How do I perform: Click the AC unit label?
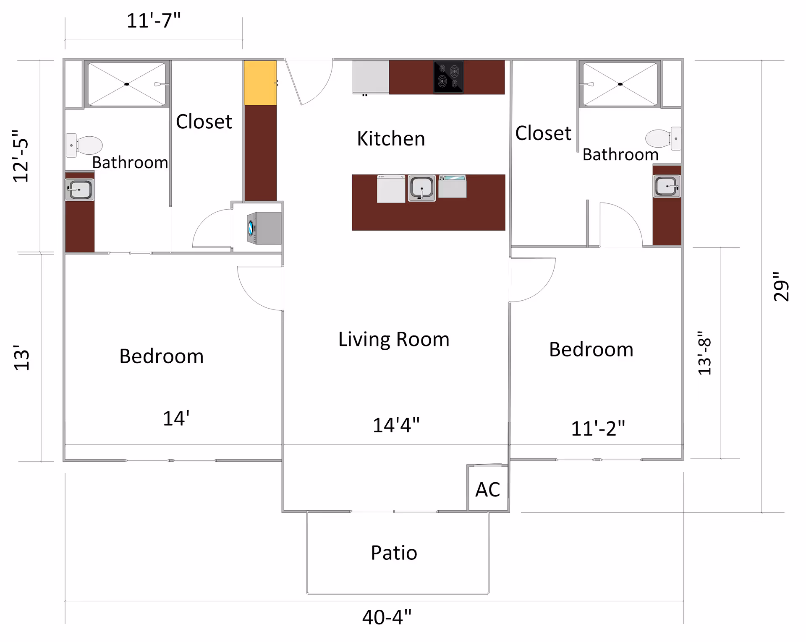click(x=487, y=489)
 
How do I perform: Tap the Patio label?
click(x=394, y=553)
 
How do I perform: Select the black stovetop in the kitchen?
click(x=448, y=77)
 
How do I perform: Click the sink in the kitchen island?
click(x=421, y=187)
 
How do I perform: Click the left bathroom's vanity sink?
click(x=79, y=190)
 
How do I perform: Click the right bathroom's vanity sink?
click(x=667, y=186)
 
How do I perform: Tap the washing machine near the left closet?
click(x=264, y=228)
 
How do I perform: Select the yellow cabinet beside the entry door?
click(x=260, y=83)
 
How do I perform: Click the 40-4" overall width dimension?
click(x=387, y=617)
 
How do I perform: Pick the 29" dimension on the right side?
click(x=781, y=286)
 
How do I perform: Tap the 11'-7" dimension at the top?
click(x=154, y=21)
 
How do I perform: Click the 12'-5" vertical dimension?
click(x=21, y=156)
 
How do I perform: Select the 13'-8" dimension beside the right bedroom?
click(x=704, y=353)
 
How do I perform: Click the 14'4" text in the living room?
click(x=396, y=425)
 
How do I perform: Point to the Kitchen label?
click(x=391, y=138)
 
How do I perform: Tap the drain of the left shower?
click(x=127, y=84)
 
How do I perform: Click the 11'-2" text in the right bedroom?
click(x=598, y=428)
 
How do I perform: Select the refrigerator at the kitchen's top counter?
click(x=371, y=77)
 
